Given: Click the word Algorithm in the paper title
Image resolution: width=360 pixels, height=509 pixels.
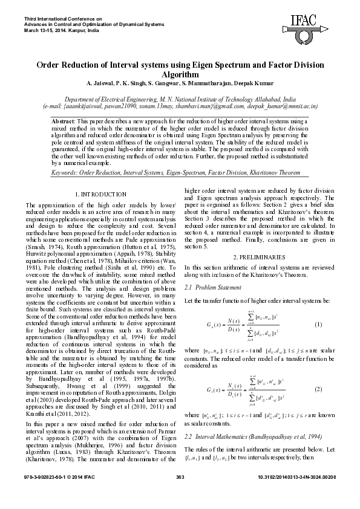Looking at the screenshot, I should point(180,74).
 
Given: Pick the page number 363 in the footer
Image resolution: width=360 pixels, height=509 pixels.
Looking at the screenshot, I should point(180,494).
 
